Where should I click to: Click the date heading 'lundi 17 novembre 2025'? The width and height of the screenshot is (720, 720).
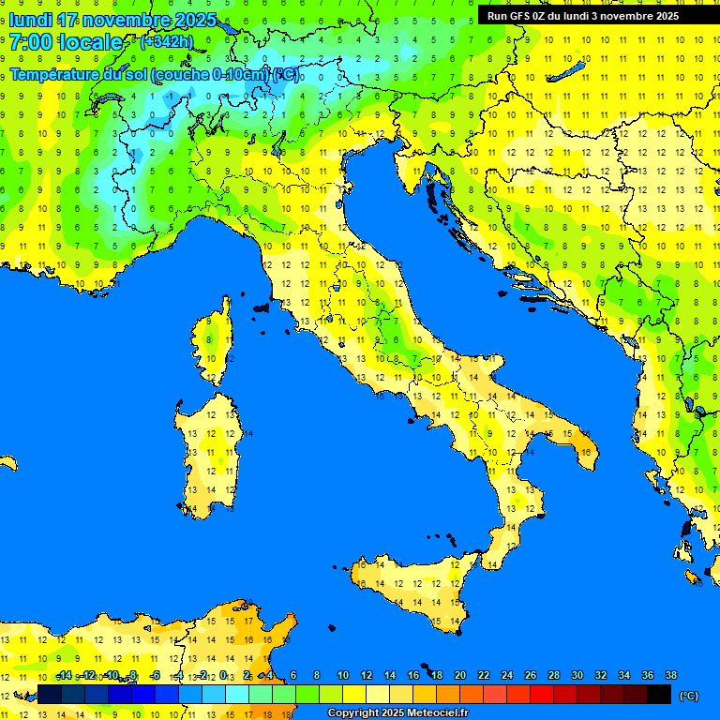click(112, 20)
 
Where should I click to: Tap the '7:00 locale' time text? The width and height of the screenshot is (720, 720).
click(66, 42)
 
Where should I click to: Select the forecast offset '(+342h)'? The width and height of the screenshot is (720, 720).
click(166, 42)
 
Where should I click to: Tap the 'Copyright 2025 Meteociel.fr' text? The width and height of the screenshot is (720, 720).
click(397, 713)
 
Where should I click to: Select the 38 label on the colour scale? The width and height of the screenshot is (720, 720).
click(670, 675)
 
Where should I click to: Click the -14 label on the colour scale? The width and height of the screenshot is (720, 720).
click(64, 675)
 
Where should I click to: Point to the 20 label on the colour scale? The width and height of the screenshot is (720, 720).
click(460, 675)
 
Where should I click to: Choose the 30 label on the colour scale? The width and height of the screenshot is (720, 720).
click(577, 675)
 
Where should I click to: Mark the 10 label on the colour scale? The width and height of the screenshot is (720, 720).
click(343, 675)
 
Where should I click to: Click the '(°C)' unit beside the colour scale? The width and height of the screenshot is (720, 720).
click(689, 696)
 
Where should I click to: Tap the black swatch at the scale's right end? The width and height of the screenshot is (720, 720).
click(659, 694)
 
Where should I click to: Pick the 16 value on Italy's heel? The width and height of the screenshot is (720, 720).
click(585, 452)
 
